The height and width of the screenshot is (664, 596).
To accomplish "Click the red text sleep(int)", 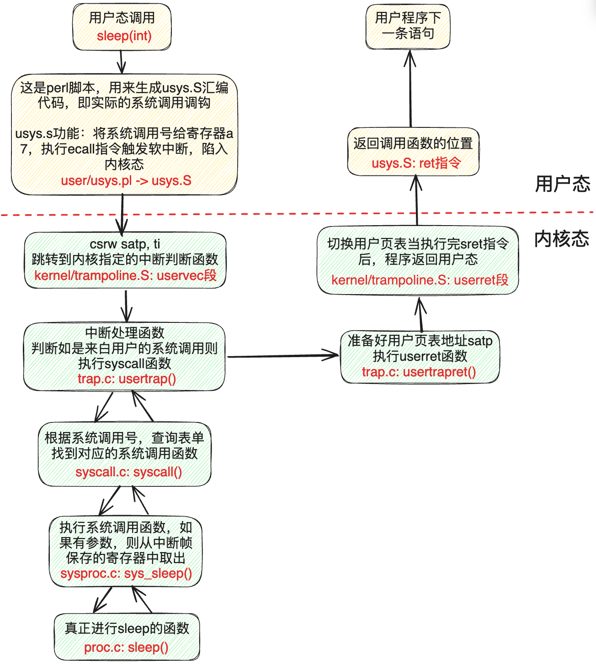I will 124,36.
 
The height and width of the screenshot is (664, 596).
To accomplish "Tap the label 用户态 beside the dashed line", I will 563,184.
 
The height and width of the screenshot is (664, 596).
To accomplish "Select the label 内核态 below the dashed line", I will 562,239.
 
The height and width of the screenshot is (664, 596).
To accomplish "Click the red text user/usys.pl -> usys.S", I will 126,180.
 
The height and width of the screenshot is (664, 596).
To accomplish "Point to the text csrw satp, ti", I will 125,244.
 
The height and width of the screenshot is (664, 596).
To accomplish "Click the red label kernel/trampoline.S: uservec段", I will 125,275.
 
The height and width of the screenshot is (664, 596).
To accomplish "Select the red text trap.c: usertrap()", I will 127,379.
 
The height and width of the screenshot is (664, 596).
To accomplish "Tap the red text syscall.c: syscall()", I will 128,472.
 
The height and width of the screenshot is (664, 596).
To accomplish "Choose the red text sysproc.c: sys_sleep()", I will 126,573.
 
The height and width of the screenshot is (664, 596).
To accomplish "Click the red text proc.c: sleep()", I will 126,647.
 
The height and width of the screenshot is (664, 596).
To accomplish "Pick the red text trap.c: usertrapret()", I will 419,372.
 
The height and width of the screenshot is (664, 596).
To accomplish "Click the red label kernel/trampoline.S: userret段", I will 420,279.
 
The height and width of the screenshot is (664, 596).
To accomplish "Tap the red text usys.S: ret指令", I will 416,163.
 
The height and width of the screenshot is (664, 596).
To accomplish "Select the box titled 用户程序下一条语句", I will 408,26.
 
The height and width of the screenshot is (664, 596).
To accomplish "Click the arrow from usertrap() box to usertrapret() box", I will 283,356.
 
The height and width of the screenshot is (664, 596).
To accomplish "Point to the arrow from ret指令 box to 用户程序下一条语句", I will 410,89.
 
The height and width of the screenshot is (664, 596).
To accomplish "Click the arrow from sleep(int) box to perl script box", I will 121,62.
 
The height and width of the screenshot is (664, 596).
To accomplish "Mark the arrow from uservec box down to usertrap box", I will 126,306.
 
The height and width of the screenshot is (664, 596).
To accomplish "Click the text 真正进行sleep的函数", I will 127,628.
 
